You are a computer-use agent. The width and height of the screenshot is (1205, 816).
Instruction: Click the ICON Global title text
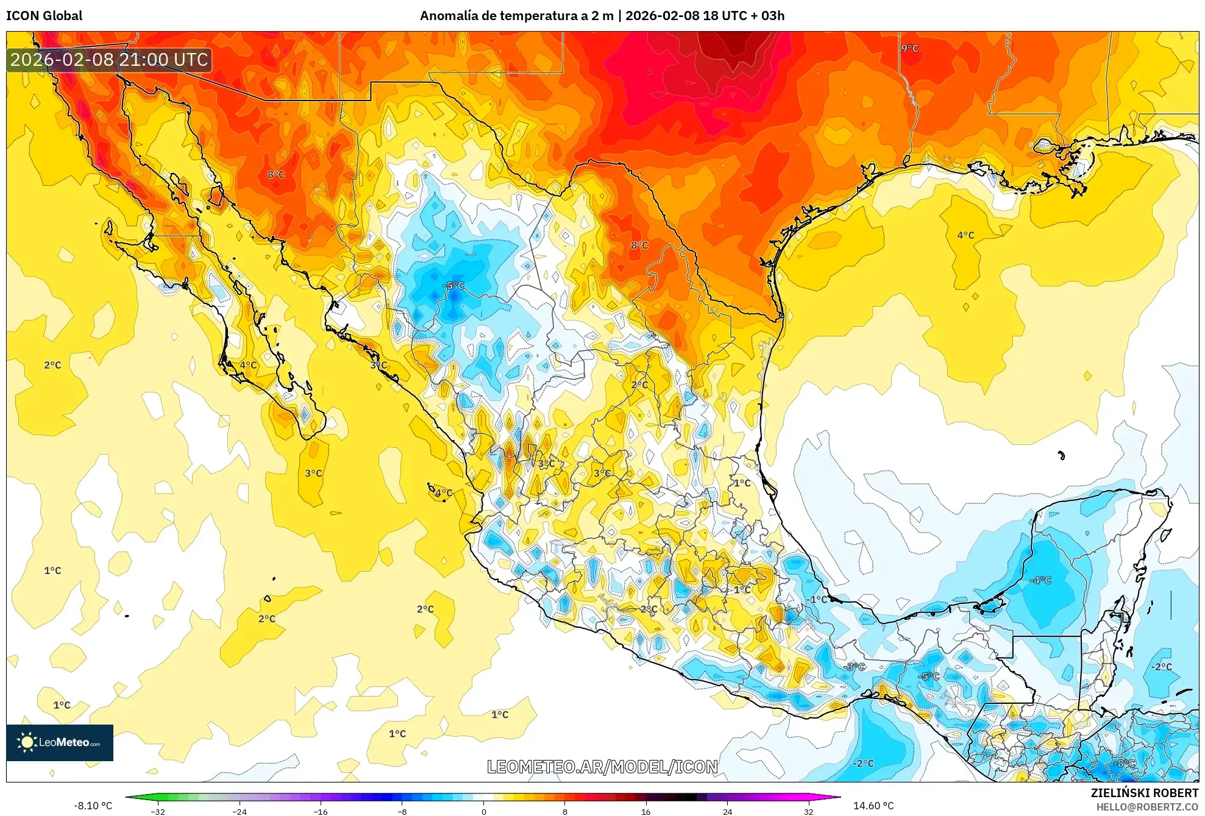(x=44, y=16)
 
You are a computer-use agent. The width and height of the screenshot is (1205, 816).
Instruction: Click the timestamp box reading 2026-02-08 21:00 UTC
(x=109, y=60)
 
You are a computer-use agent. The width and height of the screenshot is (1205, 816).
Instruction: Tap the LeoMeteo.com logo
(x=60, y=742)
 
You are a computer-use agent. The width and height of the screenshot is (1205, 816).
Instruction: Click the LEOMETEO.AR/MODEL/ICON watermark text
(x=602, y=767)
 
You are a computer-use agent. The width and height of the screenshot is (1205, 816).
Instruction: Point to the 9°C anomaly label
(x=909, y=48)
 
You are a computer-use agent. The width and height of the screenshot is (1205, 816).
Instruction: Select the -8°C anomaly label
(x=1125, y=764)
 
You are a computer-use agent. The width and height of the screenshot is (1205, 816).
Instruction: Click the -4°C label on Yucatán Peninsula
(x=1040, y=580)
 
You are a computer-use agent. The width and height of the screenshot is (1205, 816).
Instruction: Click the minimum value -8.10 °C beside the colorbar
(x=93, y=806)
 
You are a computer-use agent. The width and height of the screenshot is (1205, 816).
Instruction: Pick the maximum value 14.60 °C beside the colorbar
(x=873, y=806)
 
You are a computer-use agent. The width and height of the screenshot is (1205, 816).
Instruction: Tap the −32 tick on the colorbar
(x=158, y=811)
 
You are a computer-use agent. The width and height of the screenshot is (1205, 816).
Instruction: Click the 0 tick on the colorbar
(x=484, y=811)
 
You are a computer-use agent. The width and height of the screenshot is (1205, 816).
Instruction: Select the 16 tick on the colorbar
(x=645, y=811)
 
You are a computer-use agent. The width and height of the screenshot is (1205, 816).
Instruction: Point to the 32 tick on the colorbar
(x=808, y=811)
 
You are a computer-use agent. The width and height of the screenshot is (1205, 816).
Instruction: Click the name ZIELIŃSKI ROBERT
(x=1144, y=793)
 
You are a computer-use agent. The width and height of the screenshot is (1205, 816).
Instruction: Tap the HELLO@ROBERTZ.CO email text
(x=1147, y=807)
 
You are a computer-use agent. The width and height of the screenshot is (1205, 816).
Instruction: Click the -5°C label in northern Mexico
(x=453, y=285)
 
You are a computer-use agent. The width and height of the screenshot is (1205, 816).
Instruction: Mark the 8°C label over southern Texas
(x=639, y=245)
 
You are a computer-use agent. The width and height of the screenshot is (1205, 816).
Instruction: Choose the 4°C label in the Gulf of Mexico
(x=965, y=235)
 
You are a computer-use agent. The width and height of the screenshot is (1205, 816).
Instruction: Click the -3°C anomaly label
(x=855, y=667)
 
